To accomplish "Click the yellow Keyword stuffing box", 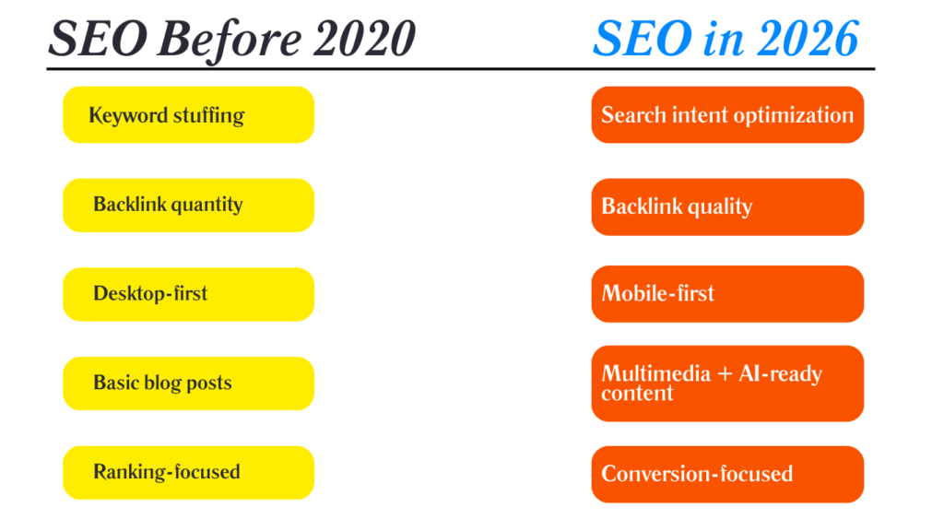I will click(x=188, y=115).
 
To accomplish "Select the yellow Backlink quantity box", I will click(x=188, y=205).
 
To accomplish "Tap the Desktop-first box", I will click(x=188, y=294).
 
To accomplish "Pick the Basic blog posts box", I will click(x=188, y=383).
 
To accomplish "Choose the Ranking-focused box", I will click(x=188, y=472).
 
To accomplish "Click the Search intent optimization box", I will click(x=727, y=115).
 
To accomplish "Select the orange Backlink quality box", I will click(x=727, y=206).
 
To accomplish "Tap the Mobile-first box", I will click(x=727, y=294).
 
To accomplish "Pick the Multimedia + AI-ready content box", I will click(x=727, y=383).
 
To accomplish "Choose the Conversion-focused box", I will click(x=727, y=474).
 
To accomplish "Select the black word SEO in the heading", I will click(x=88, y=39).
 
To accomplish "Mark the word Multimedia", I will click(x=656, y=373).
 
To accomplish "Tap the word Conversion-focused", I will click(x=697, y=474).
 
